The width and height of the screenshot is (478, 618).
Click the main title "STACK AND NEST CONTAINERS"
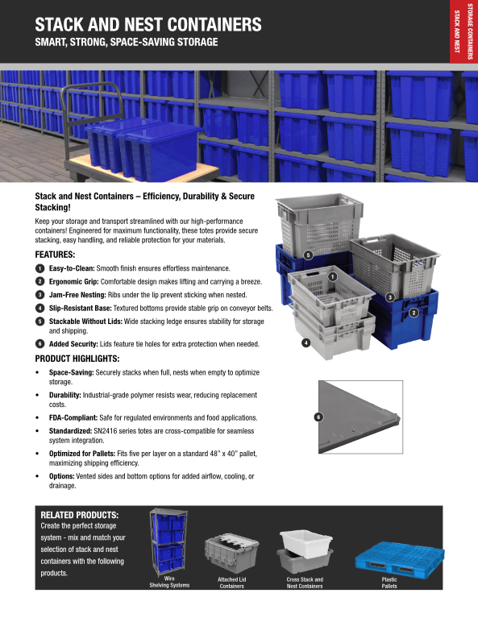coord(148,24)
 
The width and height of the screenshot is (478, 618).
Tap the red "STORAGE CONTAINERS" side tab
coord(470,31)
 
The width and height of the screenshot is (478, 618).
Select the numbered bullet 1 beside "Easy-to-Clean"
coord(39,268)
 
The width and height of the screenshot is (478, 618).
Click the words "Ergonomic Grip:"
coord(73,282)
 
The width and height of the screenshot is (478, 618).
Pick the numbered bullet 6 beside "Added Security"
coord(39,344)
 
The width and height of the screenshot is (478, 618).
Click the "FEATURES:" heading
coord(55,255)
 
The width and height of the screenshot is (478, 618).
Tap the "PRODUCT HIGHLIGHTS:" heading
coord(77,359)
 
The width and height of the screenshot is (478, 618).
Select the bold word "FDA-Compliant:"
coord(73,418)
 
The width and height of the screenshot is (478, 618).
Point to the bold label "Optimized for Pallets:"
coord(82,454)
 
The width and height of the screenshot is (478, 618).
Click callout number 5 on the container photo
coord(309,255)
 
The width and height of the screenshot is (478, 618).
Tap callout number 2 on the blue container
coord(414,313)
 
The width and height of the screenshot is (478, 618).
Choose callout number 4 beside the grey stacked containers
coord(306,343)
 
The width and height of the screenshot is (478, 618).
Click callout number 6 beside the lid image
coord(318,417)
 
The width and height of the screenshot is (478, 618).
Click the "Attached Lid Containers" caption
coord(232,583)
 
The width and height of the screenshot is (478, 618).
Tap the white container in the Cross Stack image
coord(306,544)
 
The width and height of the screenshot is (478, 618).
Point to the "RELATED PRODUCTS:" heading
coord(79,515)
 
